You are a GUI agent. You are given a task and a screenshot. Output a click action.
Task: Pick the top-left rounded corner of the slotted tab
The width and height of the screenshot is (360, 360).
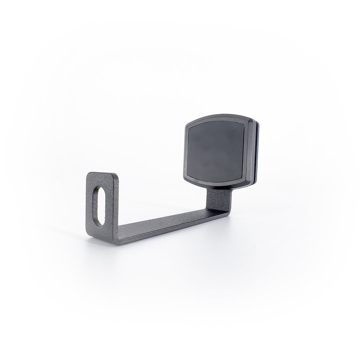(89, 174)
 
